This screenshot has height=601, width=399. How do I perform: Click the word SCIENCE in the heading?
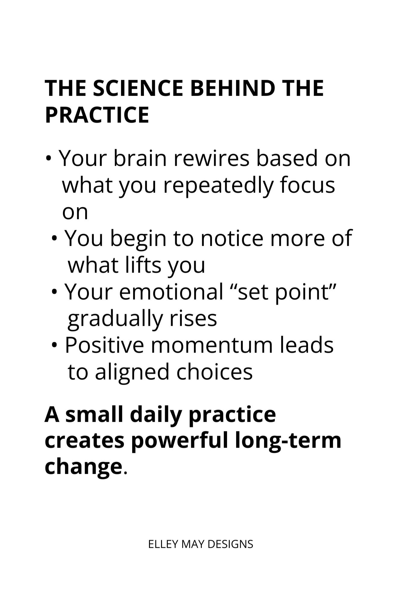click(138, 88)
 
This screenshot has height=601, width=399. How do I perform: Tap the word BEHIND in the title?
click(233, 88)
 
